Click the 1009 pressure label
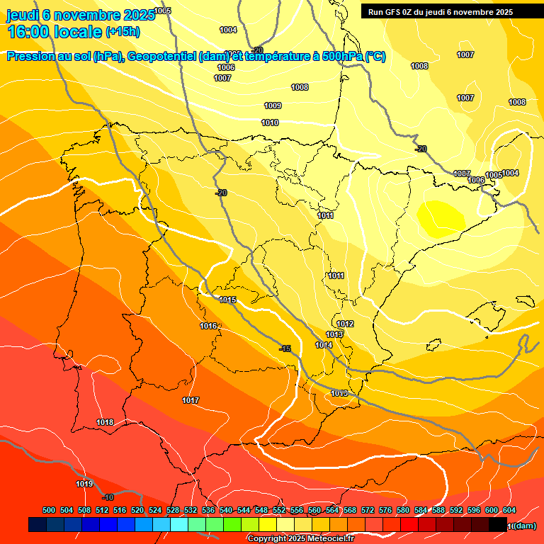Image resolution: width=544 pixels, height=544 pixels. point(273,106)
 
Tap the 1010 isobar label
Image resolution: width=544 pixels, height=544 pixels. point(270,123)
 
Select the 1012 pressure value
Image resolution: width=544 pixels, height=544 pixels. point(345,324)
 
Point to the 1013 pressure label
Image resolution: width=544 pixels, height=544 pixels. point(334,334)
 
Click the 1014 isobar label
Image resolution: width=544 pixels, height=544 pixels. point(324,345)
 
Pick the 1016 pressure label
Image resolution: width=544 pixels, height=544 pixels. point(208,326)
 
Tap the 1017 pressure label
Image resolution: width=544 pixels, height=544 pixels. point(191,400)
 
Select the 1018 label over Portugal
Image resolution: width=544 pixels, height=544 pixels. point(105,422)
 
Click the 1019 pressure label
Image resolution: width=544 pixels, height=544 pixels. point(84,484)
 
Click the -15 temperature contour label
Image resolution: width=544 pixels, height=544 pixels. point(285,348)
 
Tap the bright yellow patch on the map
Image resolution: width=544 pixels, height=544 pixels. point(440,217)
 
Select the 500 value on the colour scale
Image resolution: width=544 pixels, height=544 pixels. point(49,510)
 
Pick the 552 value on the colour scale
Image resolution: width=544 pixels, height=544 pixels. point(279,510)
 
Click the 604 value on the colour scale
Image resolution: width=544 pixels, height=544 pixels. point(509,510)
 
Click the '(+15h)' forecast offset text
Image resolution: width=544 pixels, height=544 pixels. point(123,31)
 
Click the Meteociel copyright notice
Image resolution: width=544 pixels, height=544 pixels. point(300,538)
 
